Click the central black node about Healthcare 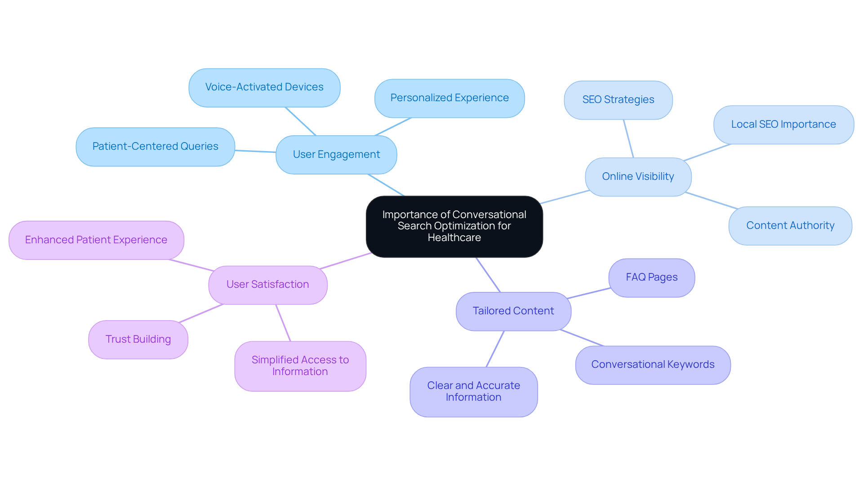tap(454, 226)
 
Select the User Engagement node tap(336, 155)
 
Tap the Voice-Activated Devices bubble tap(264, 87)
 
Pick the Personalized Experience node tap(449, 98)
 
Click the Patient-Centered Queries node tap(155, 147)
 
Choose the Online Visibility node tap(638, 177)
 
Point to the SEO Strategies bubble tap(618, 100)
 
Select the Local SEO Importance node tap(783, 125)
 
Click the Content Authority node tap(790, 226)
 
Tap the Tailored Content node tap(513, 311)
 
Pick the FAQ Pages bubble tap(651, 277)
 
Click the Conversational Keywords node tap(653, 365)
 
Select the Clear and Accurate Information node tap(473, 392)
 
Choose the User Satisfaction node tap(267, 285)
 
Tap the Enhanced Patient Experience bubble tap(96, 240)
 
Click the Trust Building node tap(138, 340)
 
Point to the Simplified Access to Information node tap(300, 366)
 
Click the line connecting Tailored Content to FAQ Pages tap(589, 293)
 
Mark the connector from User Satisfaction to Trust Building tap(201, 313)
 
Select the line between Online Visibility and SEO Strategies tap(628, 139)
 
